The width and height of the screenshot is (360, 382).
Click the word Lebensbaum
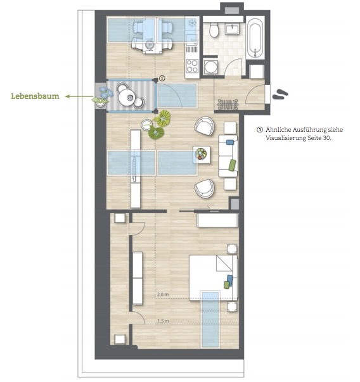(35, 96)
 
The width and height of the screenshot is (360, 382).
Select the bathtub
(255, 37)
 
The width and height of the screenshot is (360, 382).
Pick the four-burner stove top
(191, 64)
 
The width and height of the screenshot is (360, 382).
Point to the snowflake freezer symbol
(192, 23)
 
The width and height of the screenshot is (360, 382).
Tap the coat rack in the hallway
(226, 103)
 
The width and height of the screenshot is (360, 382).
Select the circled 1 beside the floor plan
(162, 78)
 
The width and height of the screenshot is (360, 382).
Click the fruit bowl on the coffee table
(202, 153)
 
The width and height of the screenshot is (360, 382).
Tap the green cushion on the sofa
(232, 165)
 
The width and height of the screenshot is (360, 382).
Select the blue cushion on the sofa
(229, 142)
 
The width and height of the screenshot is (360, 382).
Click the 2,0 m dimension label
(163, 295)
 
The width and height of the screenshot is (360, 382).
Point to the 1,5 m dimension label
(163, 321)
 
